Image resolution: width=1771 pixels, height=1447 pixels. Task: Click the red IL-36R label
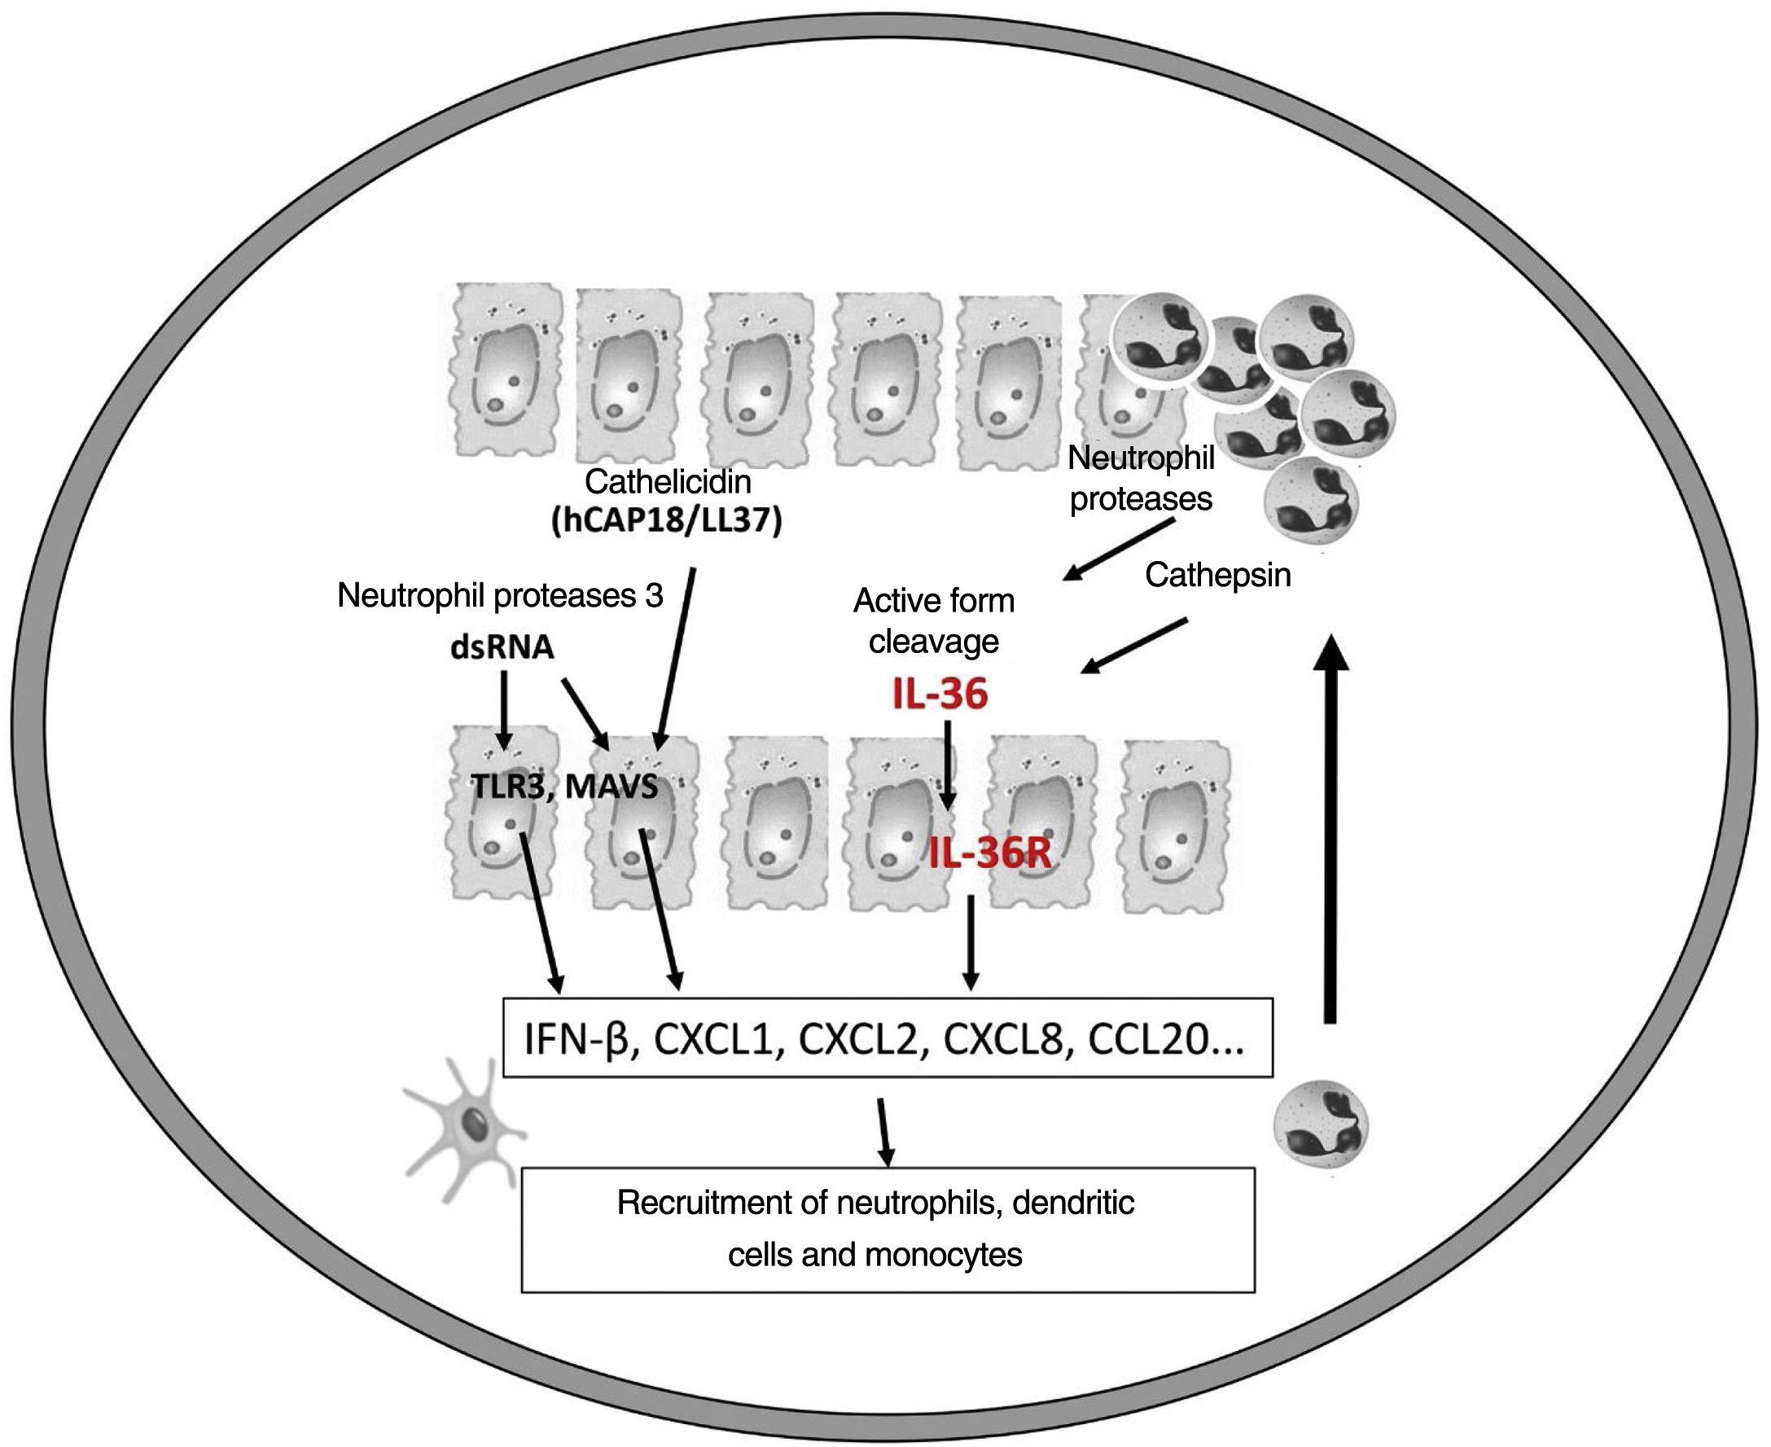pos(989,854)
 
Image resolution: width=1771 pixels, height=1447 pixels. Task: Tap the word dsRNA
pos(502,647)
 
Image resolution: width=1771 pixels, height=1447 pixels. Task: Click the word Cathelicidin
pos(668,482)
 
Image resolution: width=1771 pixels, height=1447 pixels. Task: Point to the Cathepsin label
pos(1217,575)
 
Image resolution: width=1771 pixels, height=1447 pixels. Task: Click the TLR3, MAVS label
pos(564,786)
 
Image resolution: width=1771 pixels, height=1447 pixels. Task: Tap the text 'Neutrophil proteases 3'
pos(500,595)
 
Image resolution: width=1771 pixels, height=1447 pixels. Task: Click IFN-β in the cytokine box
pos(576,1040)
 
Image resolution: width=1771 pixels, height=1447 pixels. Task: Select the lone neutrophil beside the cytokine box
pos(1322,1129)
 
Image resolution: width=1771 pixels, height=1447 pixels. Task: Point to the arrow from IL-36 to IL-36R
pos(948,763)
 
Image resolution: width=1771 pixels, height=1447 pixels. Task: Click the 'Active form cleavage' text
pos(933,621)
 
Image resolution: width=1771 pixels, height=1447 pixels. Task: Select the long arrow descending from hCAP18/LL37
pos(675,659)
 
